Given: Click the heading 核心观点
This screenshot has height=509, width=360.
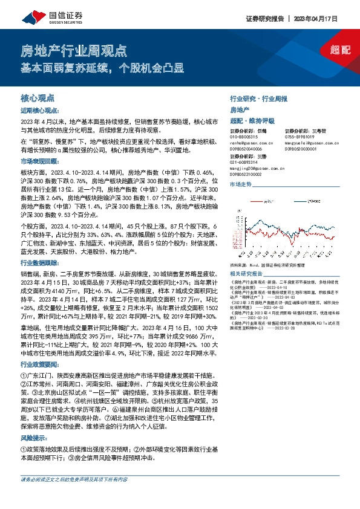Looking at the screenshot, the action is click(x=37, y=97).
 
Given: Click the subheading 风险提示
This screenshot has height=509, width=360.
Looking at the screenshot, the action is click(x=34, y=438).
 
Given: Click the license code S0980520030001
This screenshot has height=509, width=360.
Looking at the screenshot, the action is click(x=300, y=147).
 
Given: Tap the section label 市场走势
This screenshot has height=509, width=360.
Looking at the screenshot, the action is click(x=241, y=190).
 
